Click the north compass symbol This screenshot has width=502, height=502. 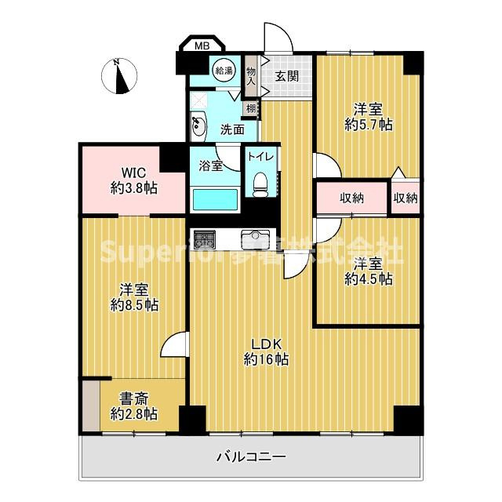118,76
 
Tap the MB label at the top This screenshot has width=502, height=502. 202,46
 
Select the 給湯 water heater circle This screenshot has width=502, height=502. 224,71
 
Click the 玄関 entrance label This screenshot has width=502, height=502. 286,76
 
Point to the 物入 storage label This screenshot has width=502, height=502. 252,75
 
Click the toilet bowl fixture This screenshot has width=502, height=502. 260,183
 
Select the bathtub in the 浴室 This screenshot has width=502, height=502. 215,199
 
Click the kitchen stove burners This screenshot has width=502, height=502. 204,237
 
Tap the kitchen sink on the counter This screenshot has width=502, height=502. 255,237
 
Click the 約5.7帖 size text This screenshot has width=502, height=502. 369,123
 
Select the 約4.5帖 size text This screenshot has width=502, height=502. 368,278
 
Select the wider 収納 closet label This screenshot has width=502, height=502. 351,198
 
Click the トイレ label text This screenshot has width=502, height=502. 260,156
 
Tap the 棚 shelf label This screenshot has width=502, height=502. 250,108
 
